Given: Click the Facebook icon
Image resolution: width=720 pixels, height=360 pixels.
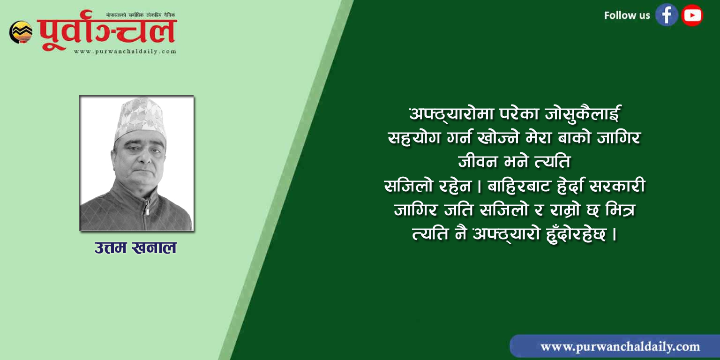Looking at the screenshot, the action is pyautogui.click(x=667, y=15).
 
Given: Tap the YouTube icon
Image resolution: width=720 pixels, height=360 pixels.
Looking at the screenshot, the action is pyautogui.click(x=692, y=15).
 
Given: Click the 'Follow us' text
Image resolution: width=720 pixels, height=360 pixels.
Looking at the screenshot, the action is pyautogui.click(x=627, y=15).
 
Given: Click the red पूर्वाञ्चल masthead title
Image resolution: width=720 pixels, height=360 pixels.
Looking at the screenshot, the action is pyautogui.click(x=107, y=30).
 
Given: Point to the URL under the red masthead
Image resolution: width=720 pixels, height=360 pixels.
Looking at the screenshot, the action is pyautogui.click(x=125, y=52).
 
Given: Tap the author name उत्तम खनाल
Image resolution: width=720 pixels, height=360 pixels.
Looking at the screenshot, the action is pyautogui.click(x=135, y=248).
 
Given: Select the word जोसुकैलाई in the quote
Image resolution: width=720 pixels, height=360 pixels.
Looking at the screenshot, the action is pyautogui.click(x=583, y=114).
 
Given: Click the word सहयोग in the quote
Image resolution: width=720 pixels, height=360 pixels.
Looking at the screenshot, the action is pyautogui.click(x=414, y=138).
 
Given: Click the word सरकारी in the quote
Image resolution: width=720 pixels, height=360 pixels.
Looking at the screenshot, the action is pyautogui.click(x=618, y=186).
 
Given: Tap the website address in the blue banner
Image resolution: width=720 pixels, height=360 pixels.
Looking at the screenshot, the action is pyautogui.click(x=620, y=347).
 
